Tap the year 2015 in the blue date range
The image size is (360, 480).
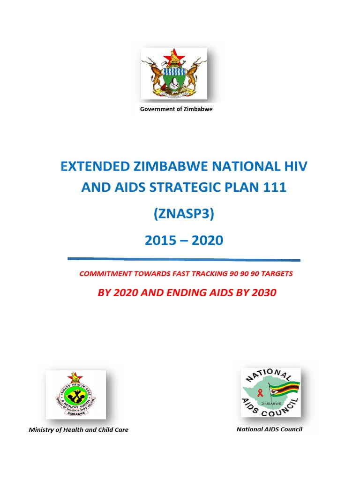tap(160, 240)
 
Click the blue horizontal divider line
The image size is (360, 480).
tap(184, 259)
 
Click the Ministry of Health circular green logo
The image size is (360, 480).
tap(76, 395)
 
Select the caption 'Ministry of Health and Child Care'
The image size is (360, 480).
tap(78, 429)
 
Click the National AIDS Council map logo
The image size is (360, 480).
tap(271, 392)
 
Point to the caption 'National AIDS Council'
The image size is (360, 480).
tap(270, 429)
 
